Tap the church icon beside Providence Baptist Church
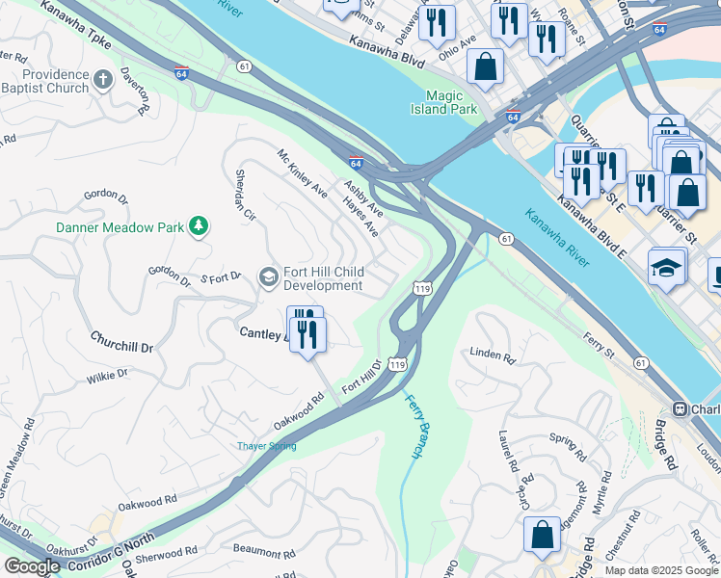tap(104, 81)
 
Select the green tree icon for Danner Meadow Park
tap(199, 226)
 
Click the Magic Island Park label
tap(450, 103)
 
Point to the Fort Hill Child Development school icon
tap(269, 278)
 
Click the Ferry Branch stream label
tap(415, 425)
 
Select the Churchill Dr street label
tap(121, 341)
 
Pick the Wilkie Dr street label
tap(107, 376)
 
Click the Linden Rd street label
tap(493, 355)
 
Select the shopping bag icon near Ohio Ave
tap(486, 66)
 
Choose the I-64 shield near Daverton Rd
tap(182, 72)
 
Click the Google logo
tap(32, 566)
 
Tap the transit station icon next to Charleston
tap(681, 408)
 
